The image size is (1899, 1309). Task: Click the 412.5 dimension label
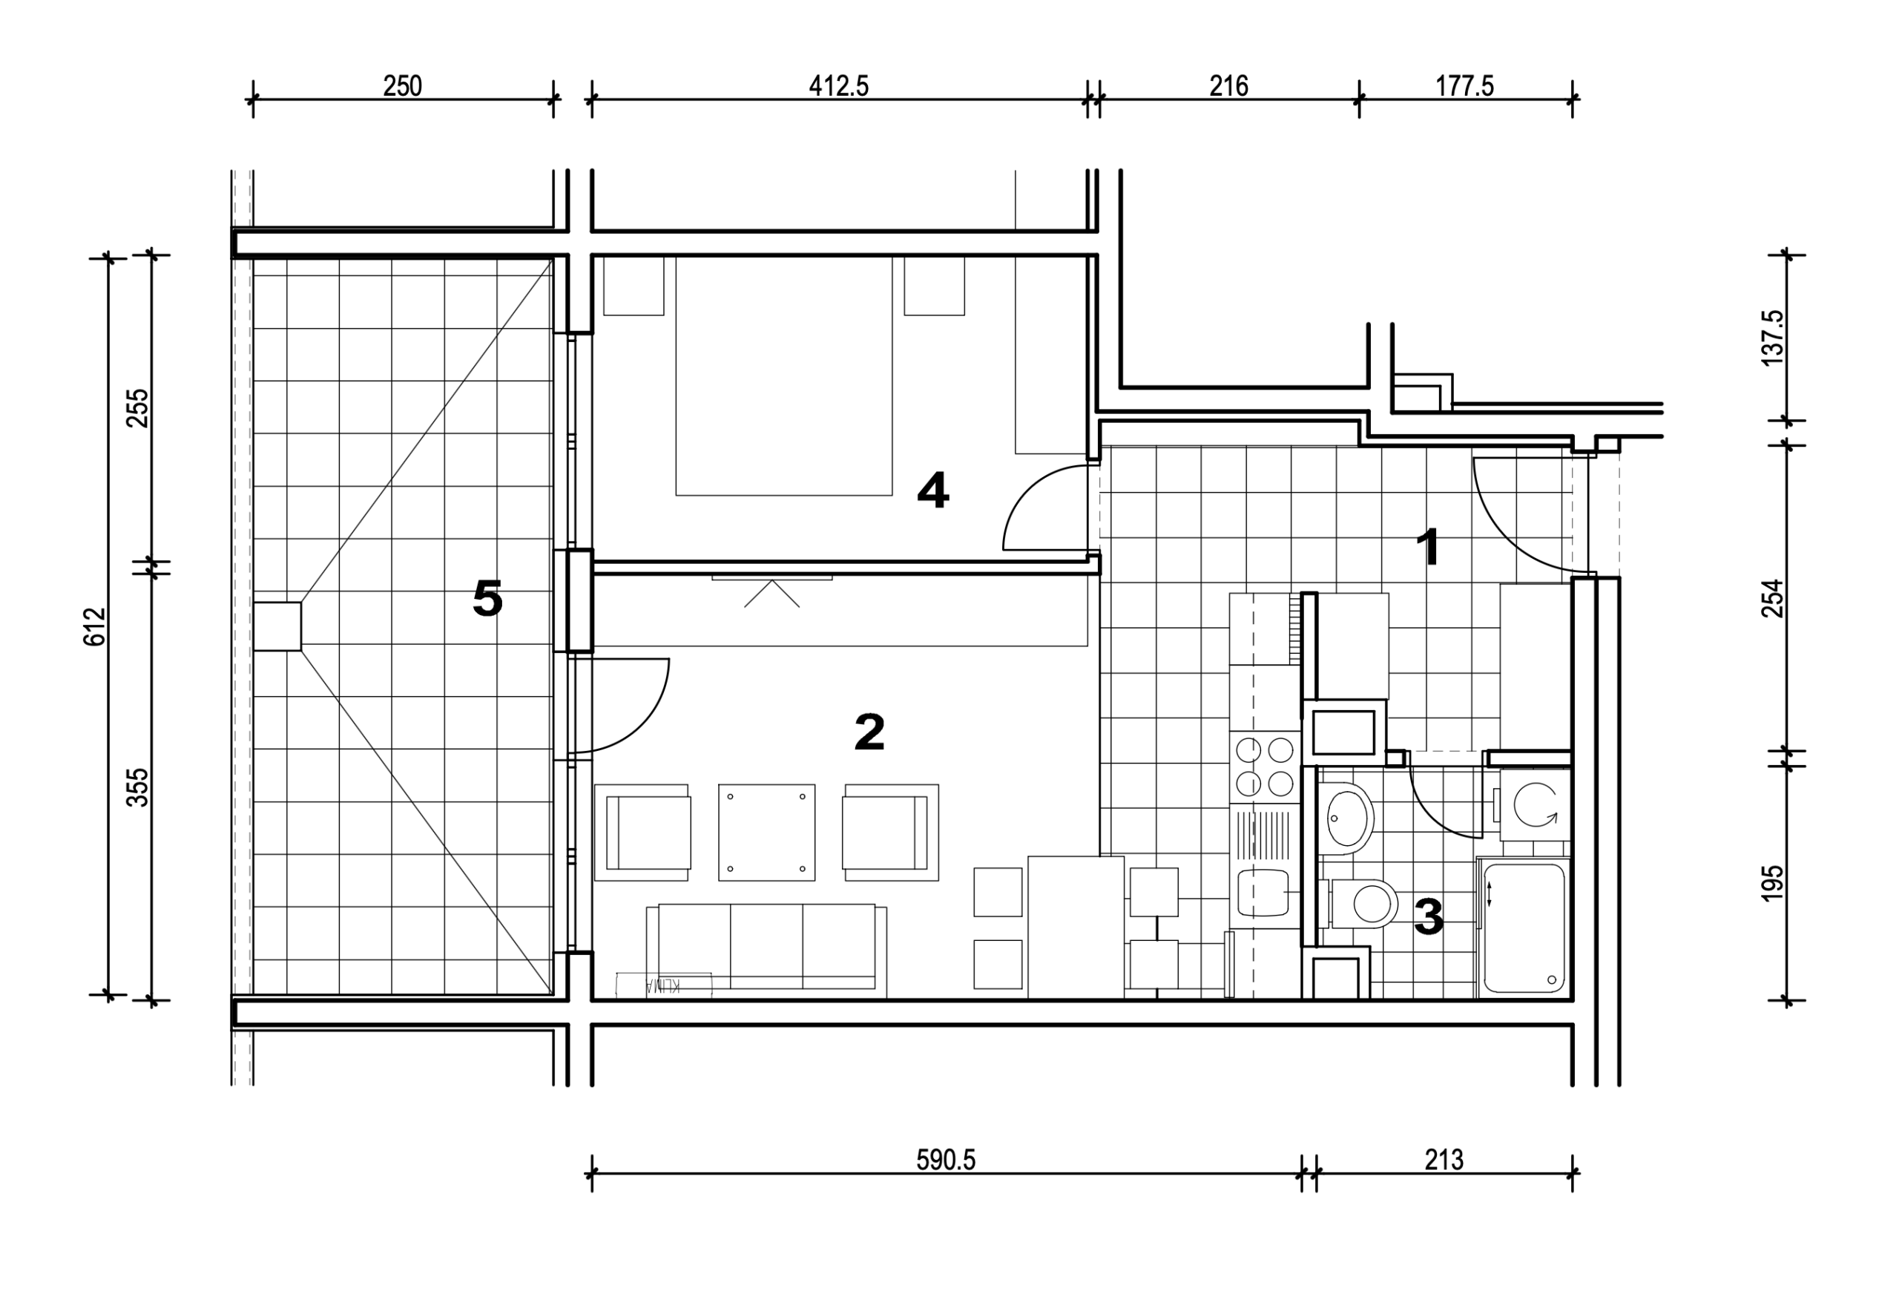click(x=838, y=86)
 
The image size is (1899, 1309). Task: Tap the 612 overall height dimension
click(x=95, y=626)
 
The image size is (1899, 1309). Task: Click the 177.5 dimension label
click(x=1464, y=86)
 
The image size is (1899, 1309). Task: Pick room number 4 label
click(x=933, y=491)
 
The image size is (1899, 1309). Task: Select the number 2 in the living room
click(x=869, y=732)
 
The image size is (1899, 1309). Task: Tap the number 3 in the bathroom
click(x=1429, y=917)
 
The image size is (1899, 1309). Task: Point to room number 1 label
click(x=1429, y=547)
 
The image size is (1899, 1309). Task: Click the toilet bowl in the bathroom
click(x=1363, y=904)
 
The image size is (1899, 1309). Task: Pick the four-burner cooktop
click(x=1264, y=766)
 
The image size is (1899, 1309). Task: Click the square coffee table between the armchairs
click(x=767, y=833)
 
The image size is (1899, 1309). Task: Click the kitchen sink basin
click(x=1263, y=893)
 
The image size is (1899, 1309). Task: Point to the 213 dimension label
click(x=1444, y=1160)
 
